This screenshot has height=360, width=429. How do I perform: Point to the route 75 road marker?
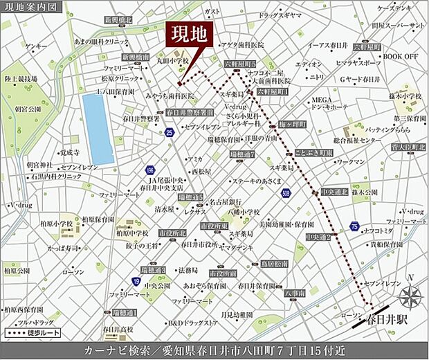tap(354, 226)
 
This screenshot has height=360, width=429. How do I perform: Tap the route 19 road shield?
tap(136, 280)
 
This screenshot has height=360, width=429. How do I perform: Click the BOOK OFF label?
tap(401, 56)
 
